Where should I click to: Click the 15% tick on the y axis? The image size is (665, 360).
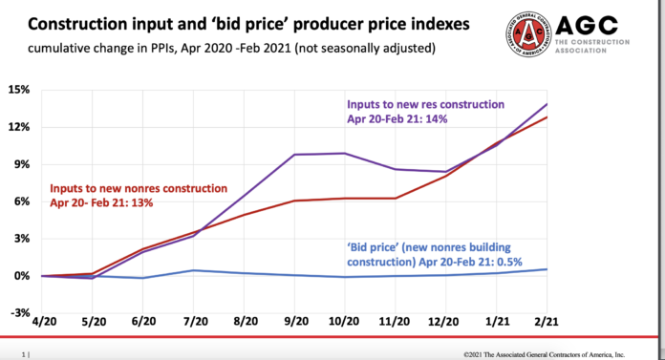(x=17, y=90)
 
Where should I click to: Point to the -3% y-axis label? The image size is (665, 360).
(x=17, y=312)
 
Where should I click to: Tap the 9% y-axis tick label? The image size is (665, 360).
(x=20, y=164)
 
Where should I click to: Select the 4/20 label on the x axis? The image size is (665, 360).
(x=43, y=326)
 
